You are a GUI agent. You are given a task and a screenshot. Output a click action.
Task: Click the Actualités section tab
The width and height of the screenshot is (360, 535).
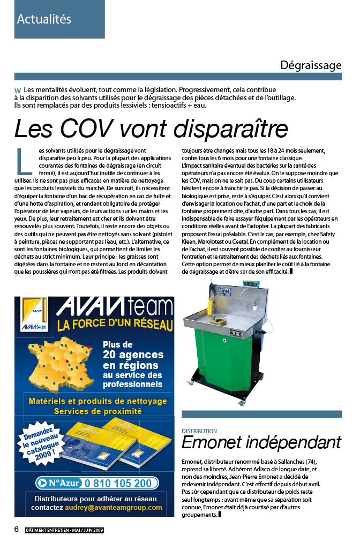click(44, 19)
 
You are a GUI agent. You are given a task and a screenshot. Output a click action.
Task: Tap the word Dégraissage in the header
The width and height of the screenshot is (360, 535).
click(311, 66)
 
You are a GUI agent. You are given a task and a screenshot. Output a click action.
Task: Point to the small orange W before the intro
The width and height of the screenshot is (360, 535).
click(18, 91)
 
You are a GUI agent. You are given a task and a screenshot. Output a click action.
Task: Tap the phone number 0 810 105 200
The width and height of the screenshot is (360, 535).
click(121, 484)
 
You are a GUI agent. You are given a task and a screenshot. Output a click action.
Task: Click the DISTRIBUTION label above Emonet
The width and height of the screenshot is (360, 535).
click(199, 431)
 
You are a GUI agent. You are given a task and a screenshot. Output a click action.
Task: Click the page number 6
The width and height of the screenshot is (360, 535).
click(17, 529)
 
